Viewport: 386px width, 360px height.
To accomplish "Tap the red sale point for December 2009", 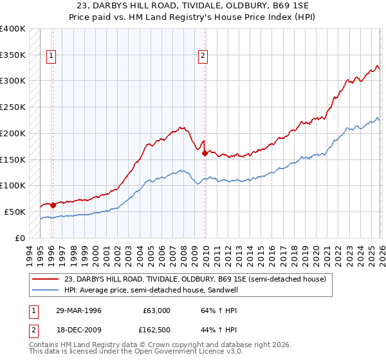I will pos(204,153).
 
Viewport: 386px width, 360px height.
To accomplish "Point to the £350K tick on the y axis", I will pos(14,55).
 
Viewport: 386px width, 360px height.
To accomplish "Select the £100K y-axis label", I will pos(14,186).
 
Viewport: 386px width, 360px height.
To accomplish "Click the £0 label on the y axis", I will pos(20,238).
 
